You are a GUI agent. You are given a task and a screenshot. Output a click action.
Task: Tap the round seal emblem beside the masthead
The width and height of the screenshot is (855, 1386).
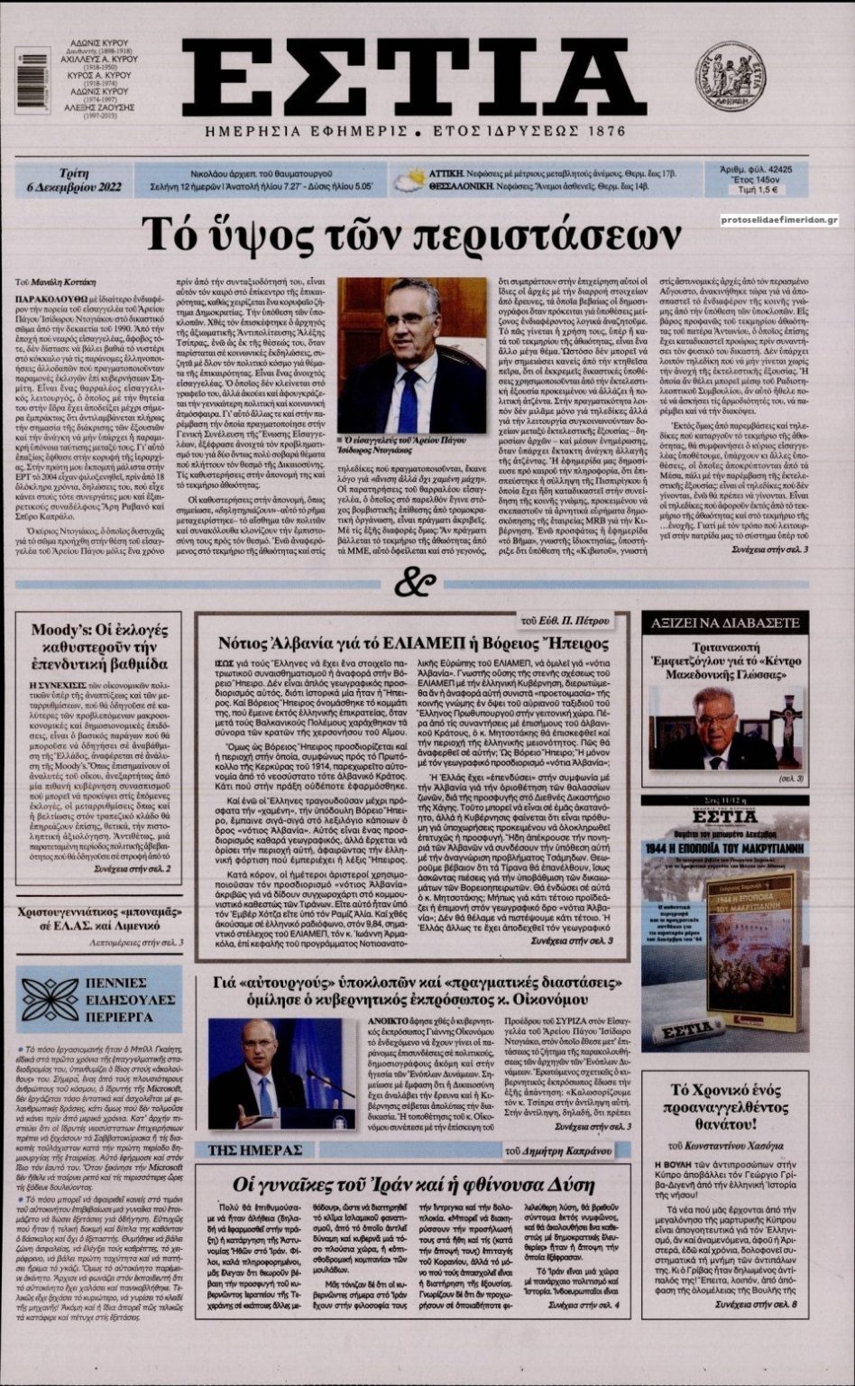(x=730, y=76)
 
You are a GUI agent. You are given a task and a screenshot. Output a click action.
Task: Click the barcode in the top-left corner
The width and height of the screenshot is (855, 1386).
(x=32, y=79)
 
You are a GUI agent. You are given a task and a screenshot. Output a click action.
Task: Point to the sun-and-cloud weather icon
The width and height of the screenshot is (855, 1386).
(x=410, y=180)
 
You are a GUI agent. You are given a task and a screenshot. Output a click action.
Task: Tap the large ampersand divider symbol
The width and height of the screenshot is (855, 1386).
(x=420, y=584)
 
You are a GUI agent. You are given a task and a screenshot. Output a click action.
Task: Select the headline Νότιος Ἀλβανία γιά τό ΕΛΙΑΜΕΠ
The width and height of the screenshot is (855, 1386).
(x=414, y=642)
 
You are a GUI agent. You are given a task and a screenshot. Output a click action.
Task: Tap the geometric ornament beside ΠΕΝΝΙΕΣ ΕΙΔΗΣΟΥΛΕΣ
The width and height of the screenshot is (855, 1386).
(x=51, y=1000)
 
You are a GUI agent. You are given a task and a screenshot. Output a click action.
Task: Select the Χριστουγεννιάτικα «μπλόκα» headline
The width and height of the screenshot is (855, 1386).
(x=99, y=919)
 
